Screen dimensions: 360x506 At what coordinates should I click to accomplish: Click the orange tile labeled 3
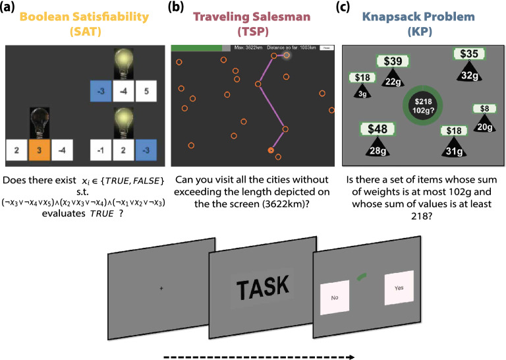(39, 150)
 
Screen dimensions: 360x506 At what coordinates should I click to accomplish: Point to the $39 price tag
(393, 62)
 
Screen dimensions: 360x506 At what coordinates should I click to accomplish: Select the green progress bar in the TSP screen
(196, 47)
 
